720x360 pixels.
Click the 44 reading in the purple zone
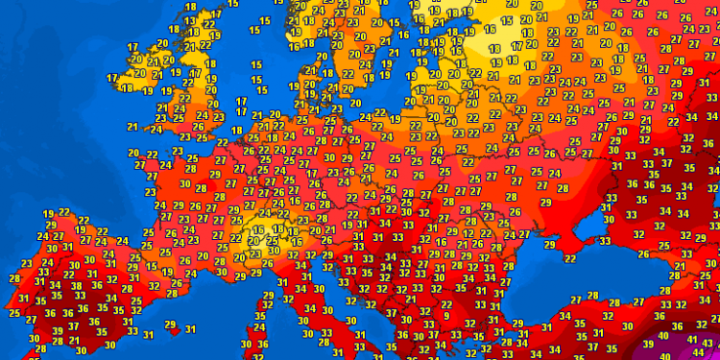click(695, 353)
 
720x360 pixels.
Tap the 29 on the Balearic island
click(170, 326)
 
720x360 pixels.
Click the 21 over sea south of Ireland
click(132, 125)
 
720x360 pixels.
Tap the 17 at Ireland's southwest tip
click(112, 78)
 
